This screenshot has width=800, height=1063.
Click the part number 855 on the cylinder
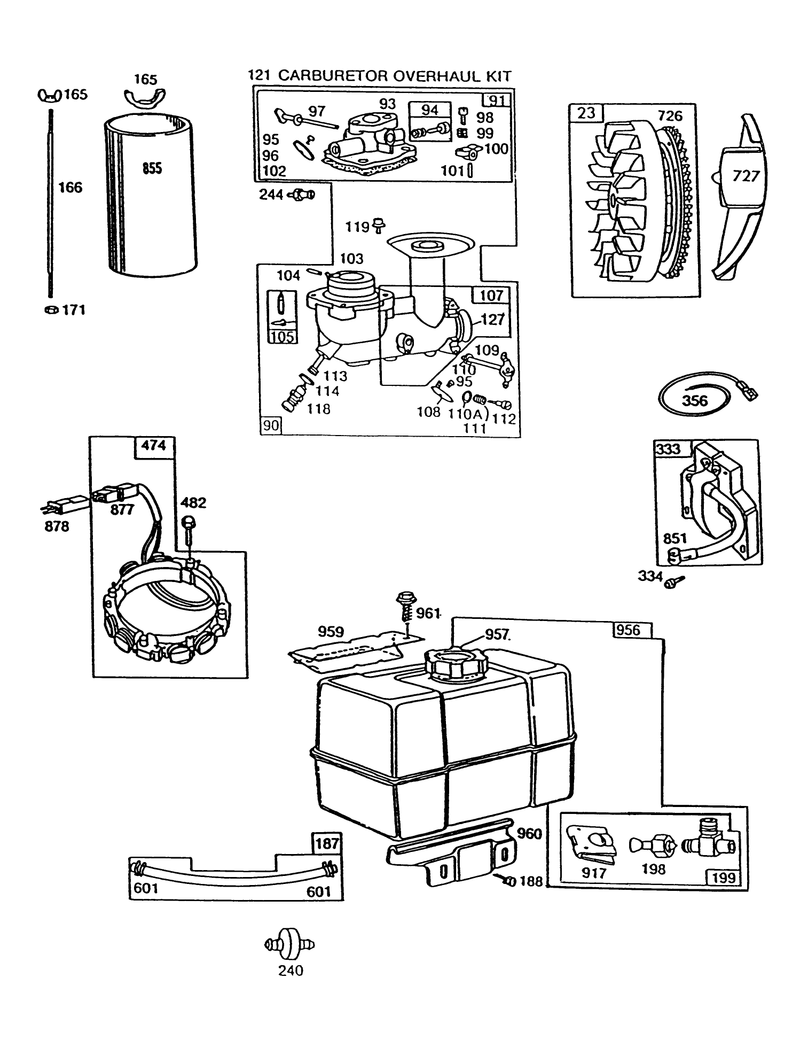(152, 169)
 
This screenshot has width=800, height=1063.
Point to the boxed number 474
(153, 445)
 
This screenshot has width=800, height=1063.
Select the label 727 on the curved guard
(746, 176)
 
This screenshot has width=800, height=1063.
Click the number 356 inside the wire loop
(694, 400)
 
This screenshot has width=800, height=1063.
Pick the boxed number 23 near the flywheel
(586, 113)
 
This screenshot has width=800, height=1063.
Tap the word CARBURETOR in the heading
(334, 76)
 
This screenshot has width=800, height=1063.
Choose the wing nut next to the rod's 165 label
(49, 96)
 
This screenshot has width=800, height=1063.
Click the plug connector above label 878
(62, 503)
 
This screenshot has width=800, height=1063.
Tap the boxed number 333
(669, 448)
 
